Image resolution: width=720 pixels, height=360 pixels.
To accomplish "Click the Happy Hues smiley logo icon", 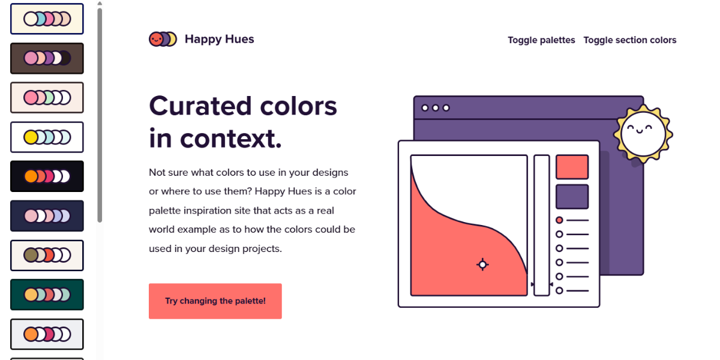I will coord(163,39).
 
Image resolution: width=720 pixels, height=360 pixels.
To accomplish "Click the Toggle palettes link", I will coord(541,40).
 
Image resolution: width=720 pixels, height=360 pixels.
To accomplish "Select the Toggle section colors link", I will coord(630,40).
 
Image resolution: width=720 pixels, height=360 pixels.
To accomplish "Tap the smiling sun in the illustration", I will coord(643,133).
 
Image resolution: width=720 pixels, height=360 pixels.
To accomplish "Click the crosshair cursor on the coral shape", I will coord(482,265).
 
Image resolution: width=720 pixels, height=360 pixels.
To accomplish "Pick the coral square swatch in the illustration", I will coord(572,167).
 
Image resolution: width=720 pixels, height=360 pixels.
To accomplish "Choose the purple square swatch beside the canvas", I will coord(572,197).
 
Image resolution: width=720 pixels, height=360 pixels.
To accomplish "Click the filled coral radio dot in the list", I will coord(559,220).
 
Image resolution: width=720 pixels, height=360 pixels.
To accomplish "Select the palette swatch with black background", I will coord(47,176).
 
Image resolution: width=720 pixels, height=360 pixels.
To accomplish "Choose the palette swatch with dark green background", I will coord(47,295).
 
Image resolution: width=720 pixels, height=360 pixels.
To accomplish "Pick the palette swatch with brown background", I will coord(47,58).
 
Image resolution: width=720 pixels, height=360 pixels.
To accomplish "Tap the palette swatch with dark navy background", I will coord(47,216).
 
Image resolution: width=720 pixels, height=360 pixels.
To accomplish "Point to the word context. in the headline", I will coord(231,139).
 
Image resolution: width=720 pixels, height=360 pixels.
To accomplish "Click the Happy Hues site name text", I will coord(219,39).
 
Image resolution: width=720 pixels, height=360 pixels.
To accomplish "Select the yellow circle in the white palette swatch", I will coord(31,137).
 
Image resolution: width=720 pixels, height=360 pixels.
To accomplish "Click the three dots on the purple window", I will coord(436,108).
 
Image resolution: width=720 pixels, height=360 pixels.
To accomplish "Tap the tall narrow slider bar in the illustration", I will coord(542,225).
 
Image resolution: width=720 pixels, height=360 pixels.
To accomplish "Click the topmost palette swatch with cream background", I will coord(47,19).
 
